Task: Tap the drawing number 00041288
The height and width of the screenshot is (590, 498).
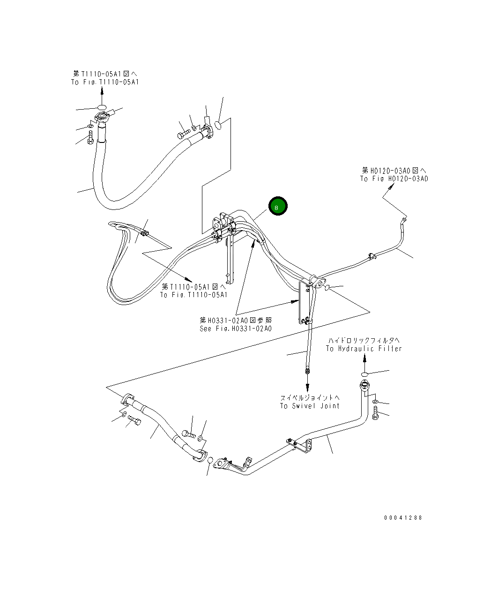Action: click(x=403, y=517)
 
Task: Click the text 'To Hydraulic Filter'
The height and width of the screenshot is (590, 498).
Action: click(x=364, y=349)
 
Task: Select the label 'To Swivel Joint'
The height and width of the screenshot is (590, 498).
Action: click(x=310, y=406)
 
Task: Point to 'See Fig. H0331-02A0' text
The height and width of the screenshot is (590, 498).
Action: click(x=236, y=329)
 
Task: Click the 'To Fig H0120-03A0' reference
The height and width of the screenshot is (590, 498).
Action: click(x=394, y=179)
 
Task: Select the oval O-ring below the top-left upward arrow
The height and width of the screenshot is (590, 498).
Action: click(x=102, y=107)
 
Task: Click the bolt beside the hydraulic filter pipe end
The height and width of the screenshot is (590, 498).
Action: click(x=375, y=414)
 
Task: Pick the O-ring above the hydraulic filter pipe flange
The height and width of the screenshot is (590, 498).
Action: click(x=365, y=373)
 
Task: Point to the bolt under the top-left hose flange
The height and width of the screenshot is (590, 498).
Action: click(x=90, y=139)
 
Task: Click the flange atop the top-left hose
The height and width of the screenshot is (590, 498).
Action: click(x=101, y=117)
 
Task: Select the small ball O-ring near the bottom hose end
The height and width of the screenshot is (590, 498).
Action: click(x=210, y=459)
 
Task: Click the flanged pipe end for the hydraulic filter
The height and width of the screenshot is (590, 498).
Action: click(x=364, y=387)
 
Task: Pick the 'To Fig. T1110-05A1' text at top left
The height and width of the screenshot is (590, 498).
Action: click(x=105, y=82)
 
